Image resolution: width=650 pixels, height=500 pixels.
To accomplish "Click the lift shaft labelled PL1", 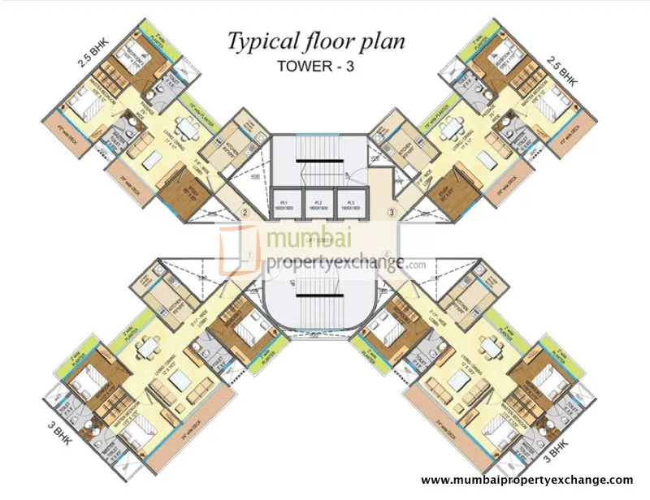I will (285, 203).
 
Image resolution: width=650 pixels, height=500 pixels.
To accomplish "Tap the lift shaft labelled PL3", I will (352, 203).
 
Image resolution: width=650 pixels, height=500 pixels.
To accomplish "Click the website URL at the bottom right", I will (526, 481).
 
